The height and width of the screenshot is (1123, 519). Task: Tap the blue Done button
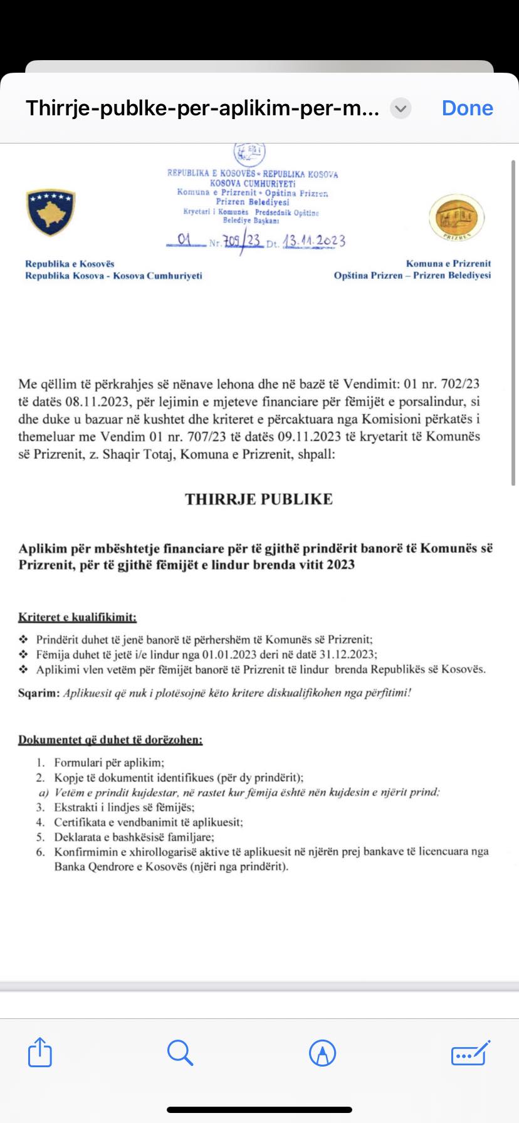[467, 108]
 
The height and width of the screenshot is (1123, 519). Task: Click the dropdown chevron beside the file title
[401, 108]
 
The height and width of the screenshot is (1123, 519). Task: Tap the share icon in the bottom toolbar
[40, 1052]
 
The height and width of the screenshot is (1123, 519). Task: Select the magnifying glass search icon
[180, 1052]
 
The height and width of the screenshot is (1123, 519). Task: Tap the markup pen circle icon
[323, 1053]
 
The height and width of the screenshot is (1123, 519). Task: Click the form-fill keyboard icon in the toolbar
[470, 1053]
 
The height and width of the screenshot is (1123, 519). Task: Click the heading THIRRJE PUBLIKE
[259, 499]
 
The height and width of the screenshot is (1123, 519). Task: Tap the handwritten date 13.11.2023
[314, 241]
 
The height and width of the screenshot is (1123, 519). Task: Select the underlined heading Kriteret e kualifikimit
[77, 617]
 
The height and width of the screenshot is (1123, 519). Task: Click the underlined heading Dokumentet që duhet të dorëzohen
[110, 739]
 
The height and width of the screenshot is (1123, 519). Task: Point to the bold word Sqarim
[39, 692]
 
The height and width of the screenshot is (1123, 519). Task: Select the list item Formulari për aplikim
[109, 763]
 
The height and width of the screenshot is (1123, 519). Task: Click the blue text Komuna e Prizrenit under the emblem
[448, 264]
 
